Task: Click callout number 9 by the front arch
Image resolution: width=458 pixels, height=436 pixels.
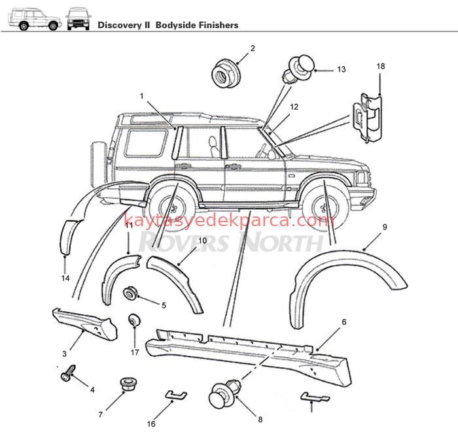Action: tap(385, 227)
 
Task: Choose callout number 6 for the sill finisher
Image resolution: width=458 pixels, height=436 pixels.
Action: tap(344, 322)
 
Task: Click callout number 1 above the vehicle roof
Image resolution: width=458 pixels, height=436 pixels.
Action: tap(141, 96)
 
